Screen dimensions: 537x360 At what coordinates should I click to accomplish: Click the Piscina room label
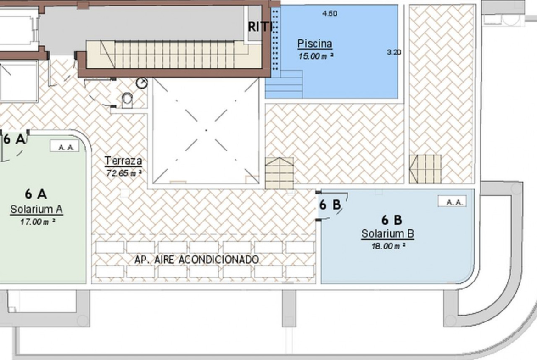[315, 44]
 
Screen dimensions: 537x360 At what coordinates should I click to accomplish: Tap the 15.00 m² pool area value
[316, 56]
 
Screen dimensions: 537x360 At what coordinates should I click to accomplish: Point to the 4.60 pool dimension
[330, 13]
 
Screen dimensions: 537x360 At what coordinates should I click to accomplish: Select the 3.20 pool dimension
[394, 52]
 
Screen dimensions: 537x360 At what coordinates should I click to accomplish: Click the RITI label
[260, 27]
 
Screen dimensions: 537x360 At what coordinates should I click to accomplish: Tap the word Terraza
[123, 161]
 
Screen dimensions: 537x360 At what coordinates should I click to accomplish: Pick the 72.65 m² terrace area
[124, 173]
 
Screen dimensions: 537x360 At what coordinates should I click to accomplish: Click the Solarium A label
[36, 209]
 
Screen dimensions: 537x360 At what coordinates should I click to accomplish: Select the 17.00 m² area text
[38, 222]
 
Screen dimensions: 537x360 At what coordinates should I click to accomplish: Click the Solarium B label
[388, 234]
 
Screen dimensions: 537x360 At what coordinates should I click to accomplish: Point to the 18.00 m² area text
[388, 246]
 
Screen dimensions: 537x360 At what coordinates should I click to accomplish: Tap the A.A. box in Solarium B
[452, 201]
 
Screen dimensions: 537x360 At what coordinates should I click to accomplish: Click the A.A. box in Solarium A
[65, 146]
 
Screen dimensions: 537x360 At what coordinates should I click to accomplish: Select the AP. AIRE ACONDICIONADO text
[196, 260]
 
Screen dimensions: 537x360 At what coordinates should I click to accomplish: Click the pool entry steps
[284, 84]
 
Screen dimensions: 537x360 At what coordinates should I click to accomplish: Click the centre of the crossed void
[206, 130]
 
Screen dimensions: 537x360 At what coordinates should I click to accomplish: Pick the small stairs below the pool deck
[280, 173]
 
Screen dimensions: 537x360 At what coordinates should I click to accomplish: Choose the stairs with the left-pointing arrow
[425, 169]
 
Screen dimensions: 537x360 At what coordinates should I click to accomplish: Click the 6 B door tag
[330, 205]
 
